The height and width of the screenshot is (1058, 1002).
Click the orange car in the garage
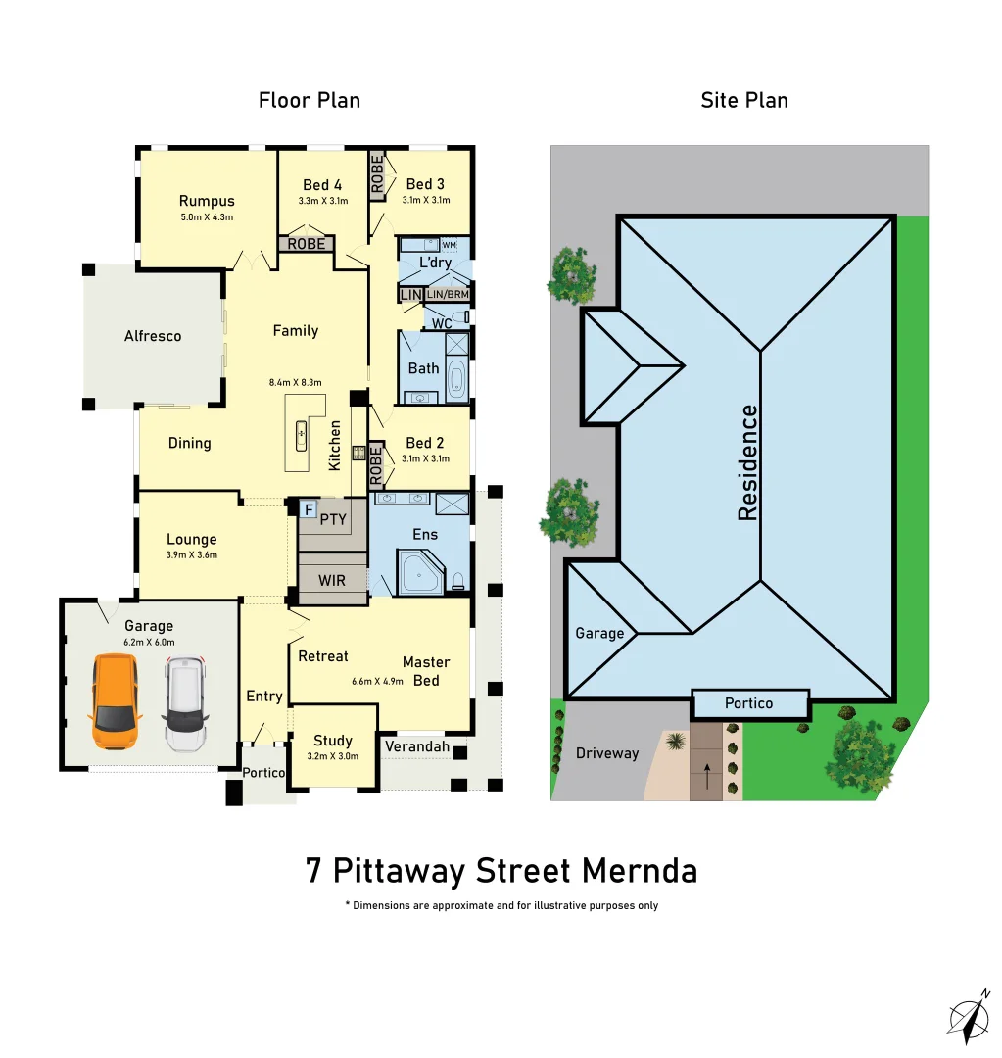click(115, 701)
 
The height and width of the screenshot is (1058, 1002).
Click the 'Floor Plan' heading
click(309, 100)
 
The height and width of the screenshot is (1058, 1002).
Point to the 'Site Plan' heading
click(744, 100)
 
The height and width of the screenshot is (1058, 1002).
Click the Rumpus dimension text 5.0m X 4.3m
click(206, 217)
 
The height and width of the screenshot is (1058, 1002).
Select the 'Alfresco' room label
click(153, 336)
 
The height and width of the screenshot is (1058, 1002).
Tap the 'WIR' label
click(332, 581)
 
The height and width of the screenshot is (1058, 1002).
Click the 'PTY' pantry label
click(333, 519)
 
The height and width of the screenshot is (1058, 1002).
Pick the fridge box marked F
click(309, 509)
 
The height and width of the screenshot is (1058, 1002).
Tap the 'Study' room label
click(332, 741)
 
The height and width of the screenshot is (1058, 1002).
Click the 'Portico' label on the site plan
click(749, 703)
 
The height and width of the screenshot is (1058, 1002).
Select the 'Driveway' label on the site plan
click(606, 753)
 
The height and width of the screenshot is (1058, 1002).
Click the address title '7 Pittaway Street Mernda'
click(501, 870)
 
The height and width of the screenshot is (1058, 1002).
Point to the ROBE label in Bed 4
click(307, 244)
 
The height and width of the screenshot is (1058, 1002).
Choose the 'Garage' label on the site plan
click(599, 633)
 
